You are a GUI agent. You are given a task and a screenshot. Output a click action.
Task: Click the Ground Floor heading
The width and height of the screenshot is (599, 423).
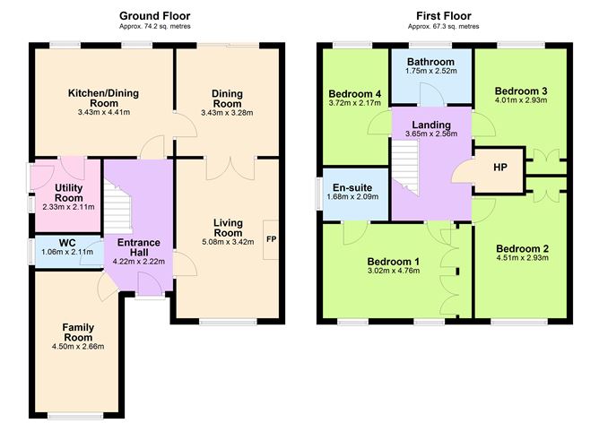point(154,16)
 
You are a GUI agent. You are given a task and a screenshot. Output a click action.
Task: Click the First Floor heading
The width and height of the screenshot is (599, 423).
point(443,16)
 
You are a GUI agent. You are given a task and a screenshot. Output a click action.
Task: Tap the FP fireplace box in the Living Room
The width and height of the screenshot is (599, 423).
point(271,239)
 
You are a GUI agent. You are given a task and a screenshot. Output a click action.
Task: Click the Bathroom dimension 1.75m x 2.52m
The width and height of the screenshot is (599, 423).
point(431,71)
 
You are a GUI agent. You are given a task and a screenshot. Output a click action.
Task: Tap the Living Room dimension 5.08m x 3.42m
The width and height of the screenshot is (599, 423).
point(228,241)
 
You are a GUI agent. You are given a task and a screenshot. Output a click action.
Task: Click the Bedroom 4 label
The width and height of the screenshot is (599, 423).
point(354,94)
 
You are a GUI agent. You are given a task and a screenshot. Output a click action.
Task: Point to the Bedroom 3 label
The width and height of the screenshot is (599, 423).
point(520,91)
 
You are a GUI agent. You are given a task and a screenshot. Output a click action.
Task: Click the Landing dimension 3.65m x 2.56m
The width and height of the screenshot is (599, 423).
point(430,134)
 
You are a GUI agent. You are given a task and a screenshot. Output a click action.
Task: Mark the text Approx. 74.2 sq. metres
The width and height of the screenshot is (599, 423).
point(154,27)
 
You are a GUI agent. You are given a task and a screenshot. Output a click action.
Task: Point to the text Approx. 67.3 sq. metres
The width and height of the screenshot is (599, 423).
point(443,27)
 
